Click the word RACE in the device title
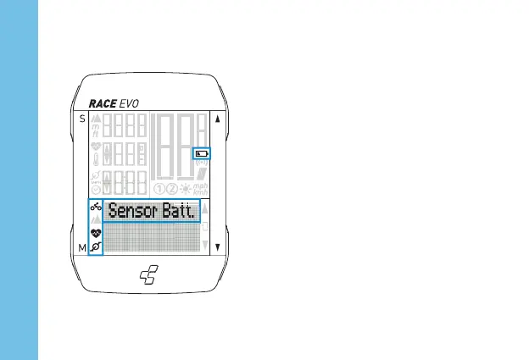[103, 102]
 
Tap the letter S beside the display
[82, 119]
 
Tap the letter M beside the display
[82, 247]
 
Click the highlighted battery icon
[201, 154]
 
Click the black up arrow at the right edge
[218, 119]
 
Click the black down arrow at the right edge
[218, 247]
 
